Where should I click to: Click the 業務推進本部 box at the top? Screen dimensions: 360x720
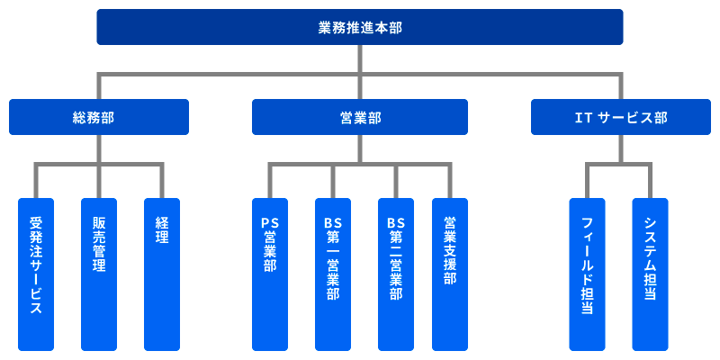coord(360,27)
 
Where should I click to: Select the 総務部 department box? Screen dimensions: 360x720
coord(99,117)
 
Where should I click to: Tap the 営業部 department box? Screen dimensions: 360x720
coord(360,117)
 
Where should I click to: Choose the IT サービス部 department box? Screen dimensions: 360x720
coord(621,117)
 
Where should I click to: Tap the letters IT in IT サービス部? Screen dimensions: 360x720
coord(580,118)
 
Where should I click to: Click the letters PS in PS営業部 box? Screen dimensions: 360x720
coord(270,222)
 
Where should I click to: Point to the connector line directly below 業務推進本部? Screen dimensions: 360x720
coord(360,59)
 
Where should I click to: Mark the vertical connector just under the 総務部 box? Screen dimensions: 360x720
coord(99,149)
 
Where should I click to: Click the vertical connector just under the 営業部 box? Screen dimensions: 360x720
coord(360,149)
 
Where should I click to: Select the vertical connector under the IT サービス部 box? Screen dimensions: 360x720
coord(621,149)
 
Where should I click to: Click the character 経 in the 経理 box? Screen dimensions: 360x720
coord(162,223)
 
